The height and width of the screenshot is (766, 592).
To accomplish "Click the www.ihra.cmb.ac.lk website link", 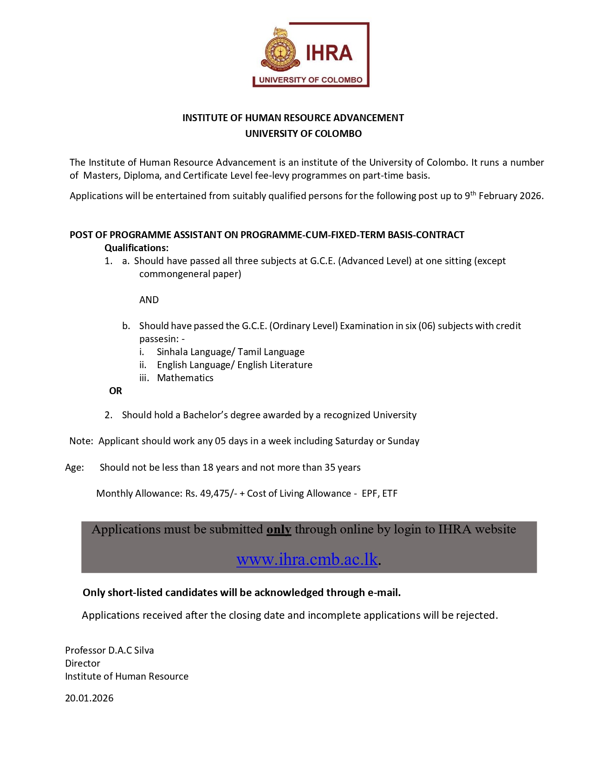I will pyautogui.click(x=307, y=559).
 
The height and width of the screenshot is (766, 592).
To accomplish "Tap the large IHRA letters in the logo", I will pyautogui.click(x=329, y=53).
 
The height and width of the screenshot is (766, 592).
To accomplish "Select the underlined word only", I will pyautogui.click(x=279, y=530).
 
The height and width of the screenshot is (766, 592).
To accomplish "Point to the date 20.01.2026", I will pyautogui.click(x=89, y=698).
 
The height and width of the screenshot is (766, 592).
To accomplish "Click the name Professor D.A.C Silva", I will pyautogui.click(x=109, y=650).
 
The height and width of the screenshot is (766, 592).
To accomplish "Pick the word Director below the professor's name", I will pyautogui.click(x=83, y=663).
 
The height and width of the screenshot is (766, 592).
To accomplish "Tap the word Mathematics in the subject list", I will pyautogui.click(x=185, y=378).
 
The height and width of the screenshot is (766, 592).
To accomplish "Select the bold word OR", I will pyautogui.click(x=116, y=391).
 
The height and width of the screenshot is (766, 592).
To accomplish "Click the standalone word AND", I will pyautogui.click(x=149, y=300).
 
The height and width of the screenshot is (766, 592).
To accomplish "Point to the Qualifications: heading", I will pyautogui.click(x=137, y=248).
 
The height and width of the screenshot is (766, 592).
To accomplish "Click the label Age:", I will pyautogui.click(x=75, y=467).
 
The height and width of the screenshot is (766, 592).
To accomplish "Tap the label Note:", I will pyautogui.click(x=81, y=441).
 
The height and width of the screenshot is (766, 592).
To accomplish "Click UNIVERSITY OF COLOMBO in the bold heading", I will pyautogui.click(x=303, y=134).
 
